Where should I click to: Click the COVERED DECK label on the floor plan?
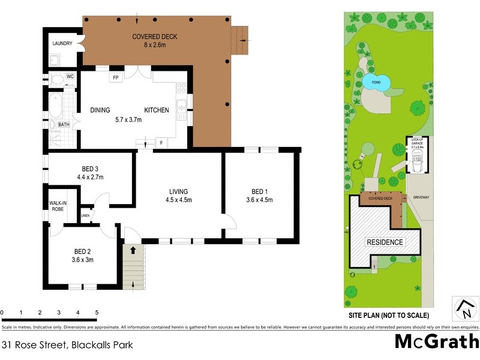(154, 37)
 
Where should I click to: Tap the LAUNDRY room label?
(62, 44)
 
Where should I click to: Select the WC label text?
(70, 77)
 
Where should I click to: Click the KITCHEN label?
(156, 110)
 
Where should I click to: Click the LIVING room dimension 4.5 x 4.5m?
(179, 200)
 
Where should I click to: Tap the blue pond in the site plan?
(376, 82)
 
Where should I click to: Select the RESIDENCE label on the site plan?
(385, 242)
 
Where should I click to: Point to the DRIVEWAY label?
(419, 197)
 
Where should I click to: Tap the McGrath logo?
(436, 341)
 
